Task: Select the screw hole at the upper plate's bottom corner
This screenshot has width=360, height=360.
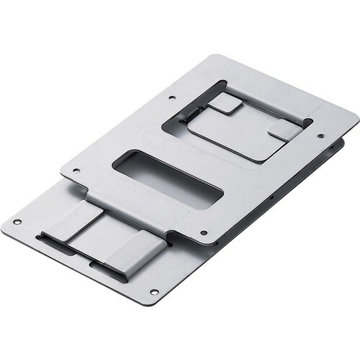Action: click(x=204, y=233)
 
